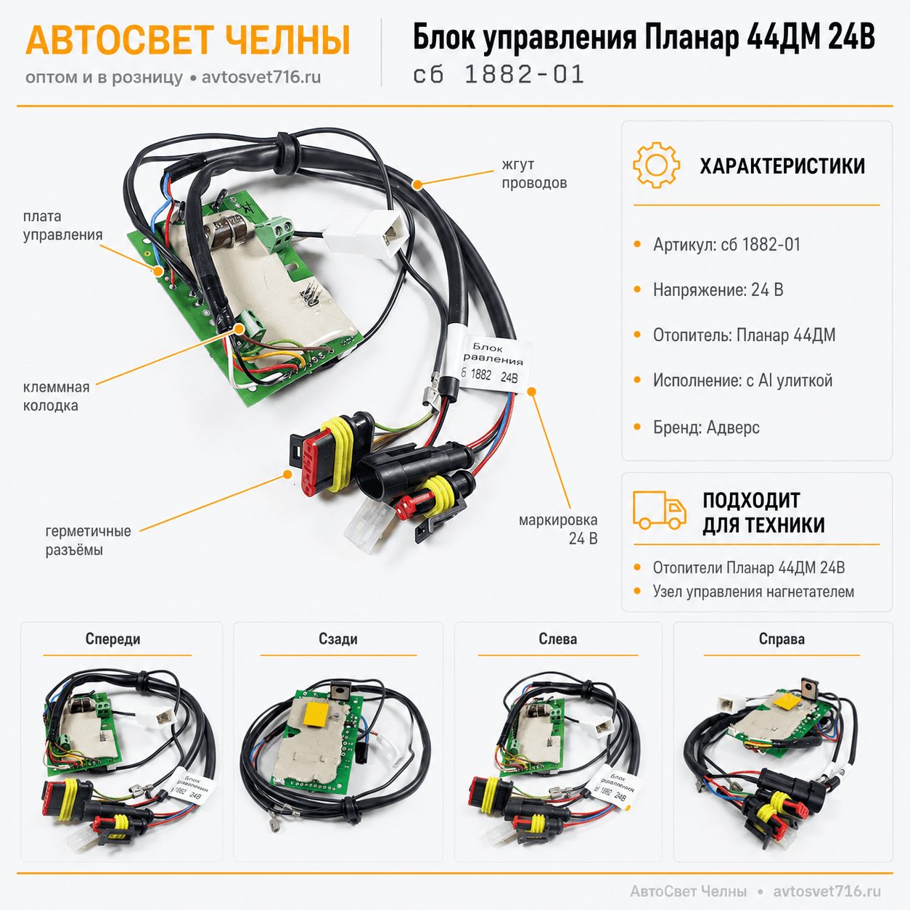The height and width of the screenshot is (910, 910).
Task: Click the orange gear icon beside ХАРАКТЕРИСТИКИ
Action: point(657,165)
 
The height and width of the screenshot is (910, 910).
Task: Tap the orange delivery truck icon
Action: point(659,509)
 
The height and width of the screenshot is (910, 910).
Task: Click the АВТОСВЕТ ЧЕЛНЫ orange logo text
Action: point(188,41)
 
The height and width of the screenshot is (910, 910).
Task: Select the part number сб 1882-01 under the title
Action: point(499,75)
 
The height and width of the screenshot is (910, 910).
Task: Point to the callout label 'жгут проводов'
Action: point(534,173)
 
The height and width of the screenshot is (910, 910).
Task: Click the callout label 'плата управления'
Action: point(63,225)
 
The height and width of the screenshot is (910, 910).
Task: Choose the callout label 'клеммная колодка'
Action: point(56,396)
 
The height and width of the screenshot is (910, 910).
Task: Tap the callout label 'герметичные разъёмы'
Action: point(89,540)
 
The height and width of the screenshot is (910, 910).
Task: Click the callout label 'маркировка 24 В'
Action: point(558,529)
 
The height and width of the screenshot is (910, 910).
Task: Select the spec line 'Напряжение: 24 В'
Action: point(718,290)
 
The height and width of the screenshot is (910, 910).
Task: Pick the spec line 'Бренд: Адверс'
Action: point(706,427)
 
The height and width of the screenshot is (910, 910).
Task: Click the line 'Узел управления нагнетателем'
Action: point(753,591)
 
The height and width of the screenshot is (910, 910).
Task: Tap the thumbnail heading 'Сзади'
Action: point(338,639)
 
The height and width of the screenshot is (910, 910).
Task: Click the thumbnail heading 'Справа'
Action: point(782,639)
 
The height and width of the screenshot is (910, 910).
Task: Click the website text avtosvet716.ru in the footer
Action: point(827,891)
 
